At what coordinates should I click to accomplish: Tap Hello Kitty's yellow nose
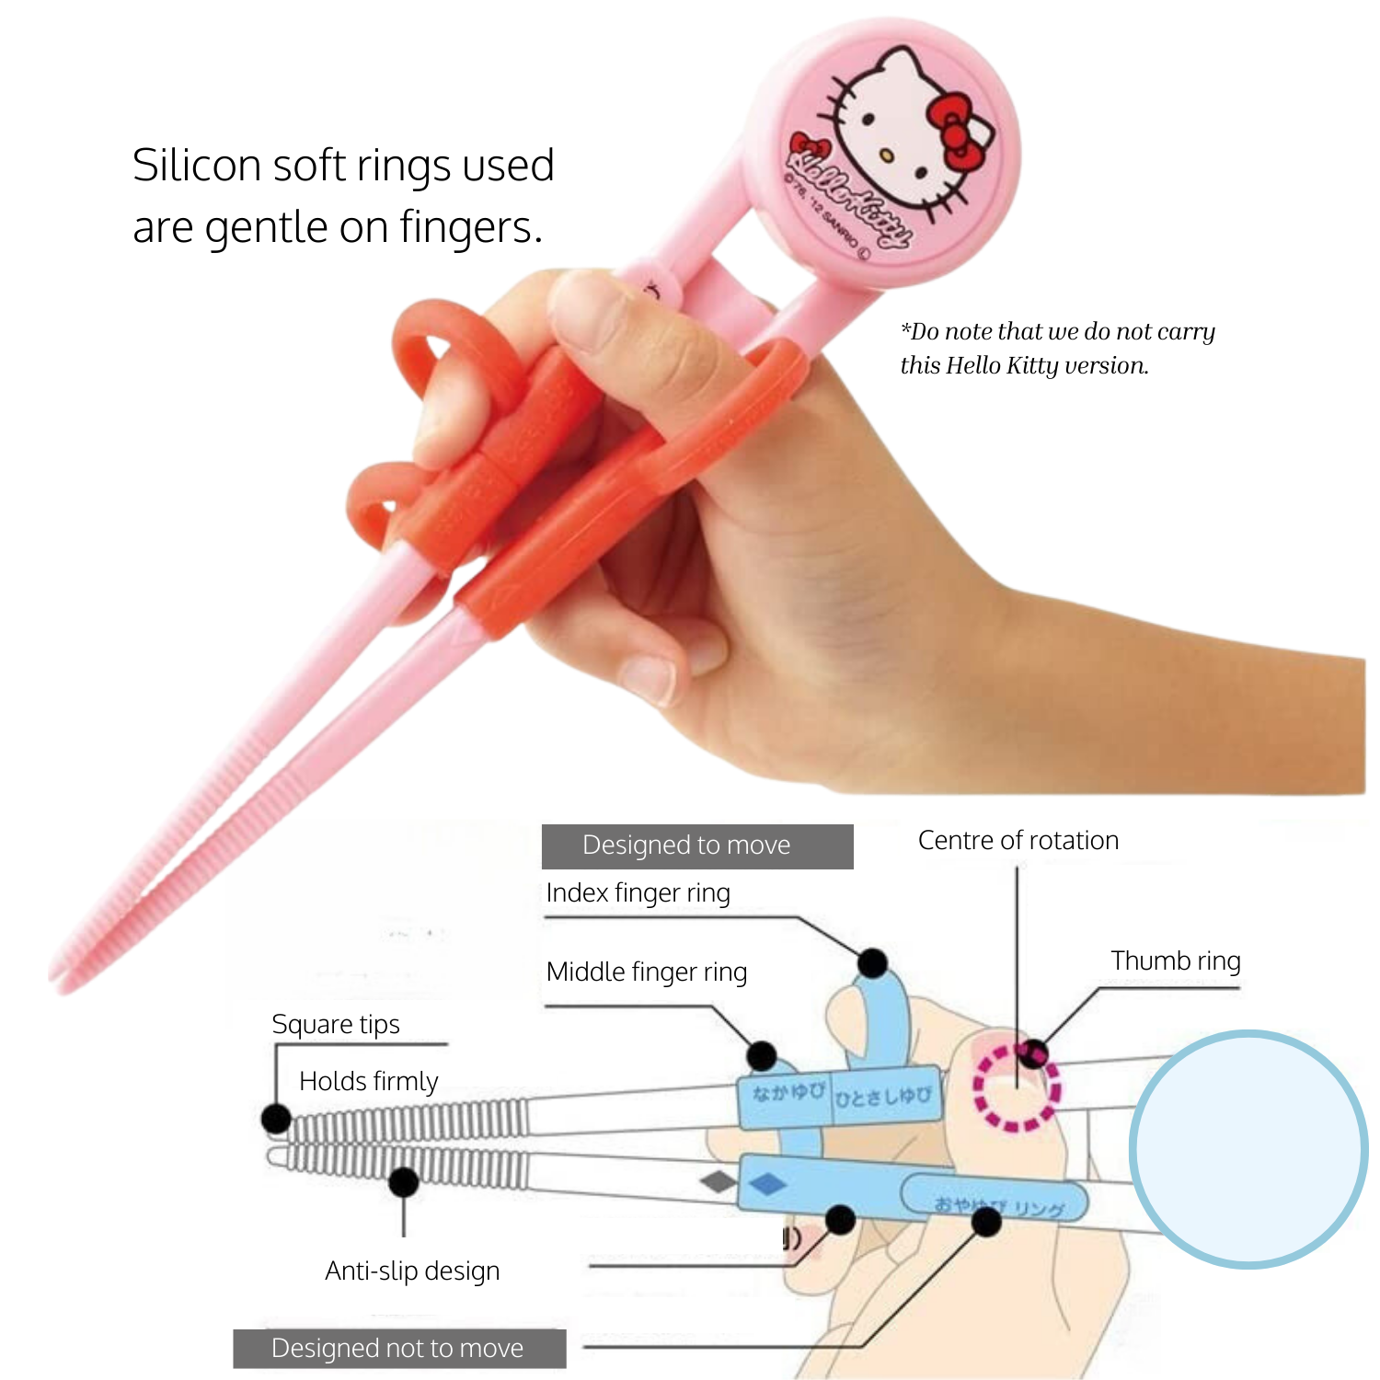click(x=885, y=155)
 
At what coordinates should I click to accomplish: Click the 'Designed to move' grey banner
click(x=696, y=845)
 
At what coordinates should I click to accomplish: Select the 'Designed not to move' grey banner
click(x=398, y=1348)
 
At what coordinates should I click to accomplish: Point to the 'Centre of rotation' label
click(x=1018, y=840)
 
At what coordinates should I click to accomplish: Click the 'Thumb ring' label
click(x=1175, y=960)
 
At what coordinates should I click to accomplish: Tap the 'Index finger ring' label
click(x=638, y=892)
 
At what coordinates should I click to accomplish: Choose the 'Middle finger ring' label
click(x=646, y=972)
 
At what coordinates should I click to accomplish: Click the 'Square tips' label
click(x=336, y=1024)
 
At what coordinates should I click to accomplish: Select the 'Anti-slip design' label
click(x=412, y=1271)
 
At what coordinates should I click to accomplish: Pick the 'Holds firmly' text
click(x=368, y=1081)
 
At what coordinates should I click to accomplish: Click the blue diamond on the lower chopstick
click(x=767, y=1184)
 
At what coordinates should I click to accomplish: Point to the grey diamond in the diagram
click(x=718, y=1180)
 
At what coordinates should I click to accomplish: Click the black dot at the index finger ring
click(x=872, y=963)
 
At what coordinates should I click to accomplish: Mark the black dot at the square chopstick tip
click(x=276, y=1119)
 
